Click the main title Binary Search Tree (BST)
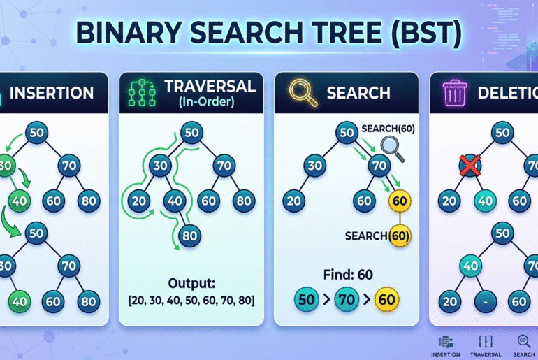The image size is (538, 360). (x=268, y=36)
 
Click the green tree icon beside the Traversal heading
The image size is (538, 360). (x=143, y=94)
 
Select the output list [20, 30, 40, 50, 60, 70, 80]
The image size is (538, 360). (x=191, y=301)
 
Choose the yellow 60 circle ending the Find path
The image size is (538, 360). (x=387, y=299)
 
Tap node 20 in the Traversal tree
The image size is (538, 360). (x=140, y=201)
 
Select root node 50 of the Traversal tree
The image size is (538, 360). (x=190, y=132)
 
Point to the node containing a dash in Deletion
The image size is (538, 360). (x=484, y=303)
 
